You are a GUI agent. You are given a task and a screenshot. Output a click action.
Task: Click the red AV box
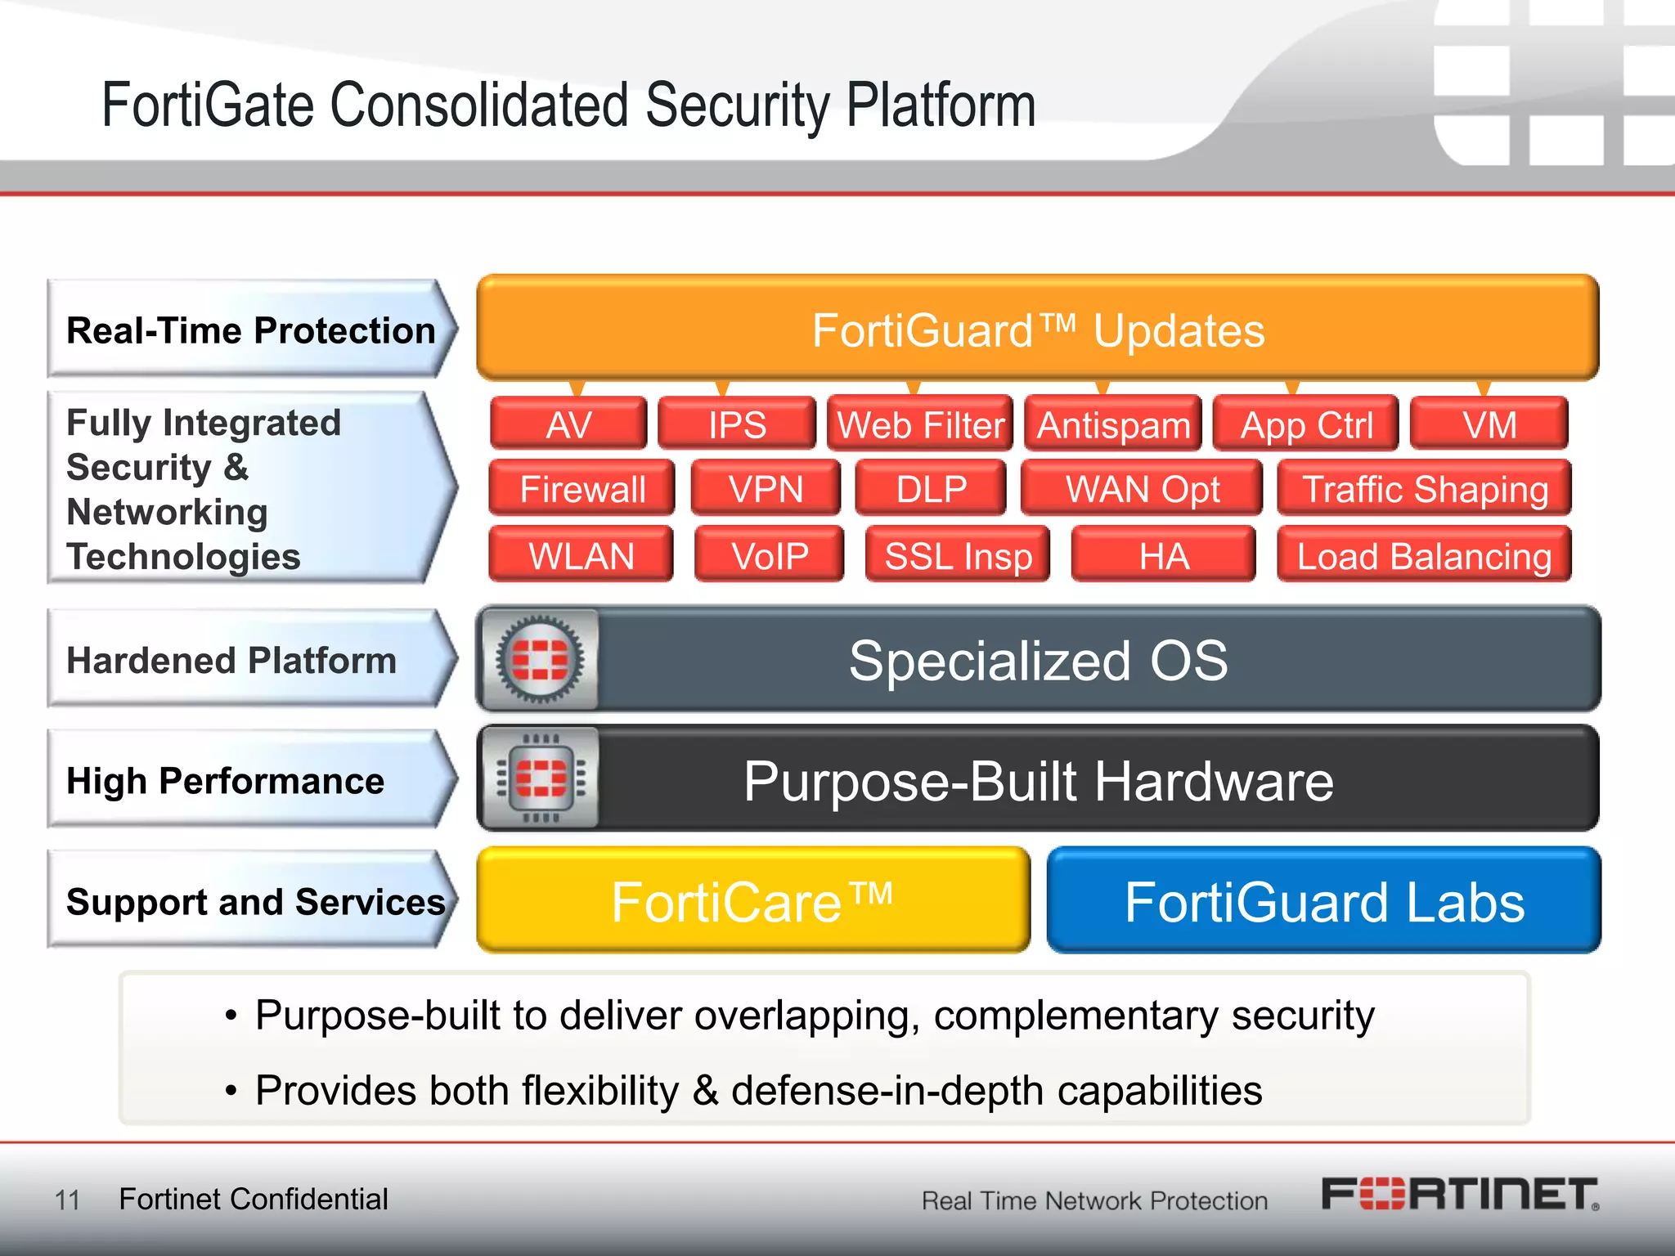[x=568, y=424]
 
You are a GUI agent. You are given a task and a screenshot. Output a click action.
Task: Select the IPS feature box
[x=737, y=424]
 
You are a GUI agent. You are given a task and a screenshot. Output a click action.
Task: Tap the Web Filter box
[x=920, y=424]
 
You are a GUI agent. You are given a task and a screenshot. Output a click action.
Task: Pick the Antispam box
[x=1113, y=424]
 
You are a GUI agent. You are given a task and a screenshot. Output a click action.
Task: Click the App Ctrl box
[x=1306, y=424]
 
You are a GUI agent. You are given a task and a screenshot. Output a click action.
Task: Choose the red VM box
[x=1489, y=424]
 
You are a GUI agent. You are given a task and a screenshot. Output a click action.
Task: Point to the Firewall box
[x=582, y=488]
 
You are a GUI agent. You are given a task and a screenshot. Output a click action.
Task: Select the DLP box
[x=931, y=488]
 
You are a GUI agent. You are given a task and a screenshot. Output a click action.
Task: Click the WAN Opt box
[x=1142, y=488]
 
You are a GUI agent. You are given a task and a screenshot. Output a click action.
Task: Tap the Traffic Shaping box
[x=1425, y=488]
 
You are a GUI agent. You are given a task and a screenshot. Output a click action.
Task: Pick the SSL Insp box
[x=958, y=555]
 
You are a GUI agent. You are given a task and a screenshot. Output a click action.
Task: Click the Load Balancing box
[x=1424, y=555]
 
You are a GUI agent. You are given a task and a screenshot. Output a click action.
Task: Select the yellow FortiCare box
[x=752, y=900]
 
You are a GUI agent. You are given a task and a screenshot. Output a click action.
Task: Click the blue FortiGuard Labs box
[x=1324, y=900]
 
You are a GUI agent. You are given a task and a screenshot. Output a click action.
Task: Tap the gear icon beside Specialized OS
[x=540, y=659]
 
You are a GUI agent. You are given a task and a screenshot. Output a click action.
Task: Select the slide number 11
[x=67, y=1200]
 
